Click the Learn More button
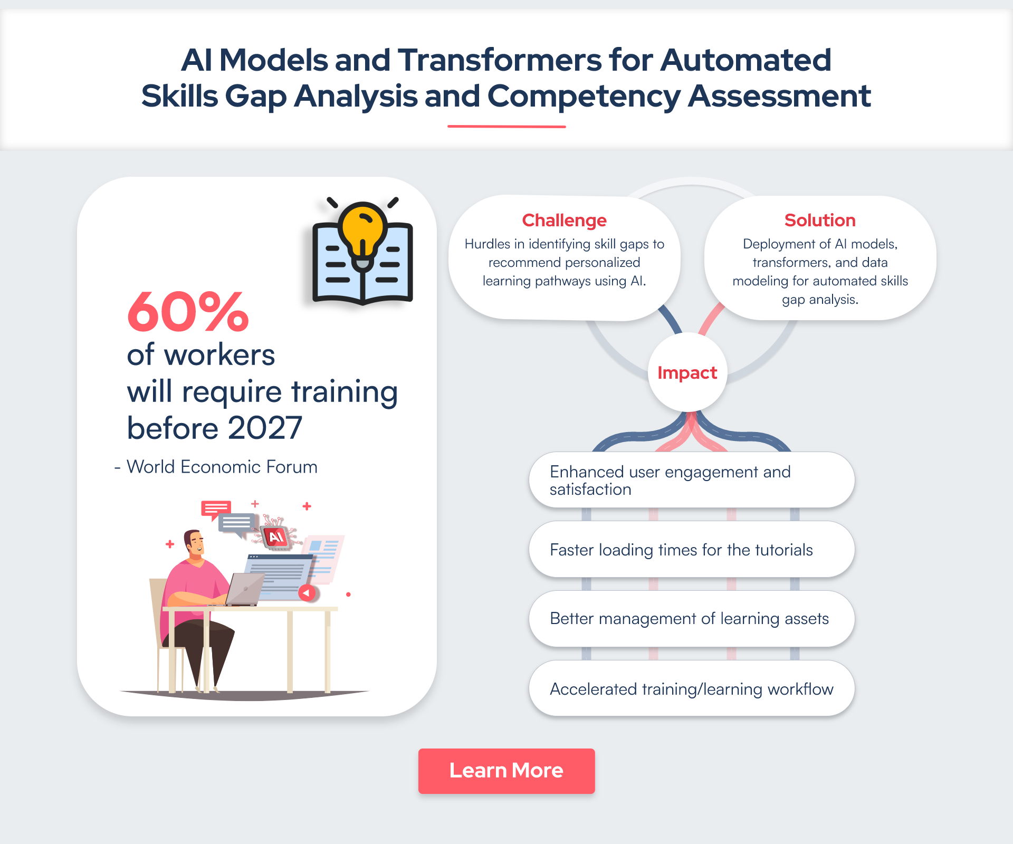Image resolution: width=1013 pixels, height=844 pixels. (x=506, y=771)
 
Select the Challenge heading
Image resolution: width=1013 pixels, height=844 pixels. (x=564, y=220)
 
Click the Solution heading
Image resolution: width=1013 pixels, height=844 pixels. (x=820, y=220)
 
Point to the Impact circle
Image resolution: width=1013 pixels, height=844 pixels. (x=687, y=372)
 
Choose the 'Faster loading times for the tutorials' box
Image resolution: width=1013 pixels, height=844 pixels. (x=692, y=550)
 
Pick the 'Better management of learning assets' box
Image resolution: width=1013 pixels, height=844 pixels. (x=692, y=619)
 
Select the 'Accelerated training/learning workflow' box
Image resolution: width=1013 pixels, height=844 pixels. (x=692, y=688)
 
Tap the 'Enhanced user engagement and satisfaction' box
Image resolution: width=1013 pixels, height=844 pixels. (x=692, y=480)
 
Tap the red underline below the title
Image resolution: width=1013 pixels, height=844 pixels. (x=506, y=127)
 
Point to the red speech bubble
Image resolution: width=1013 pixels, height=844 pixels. (x=216, y=509)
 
